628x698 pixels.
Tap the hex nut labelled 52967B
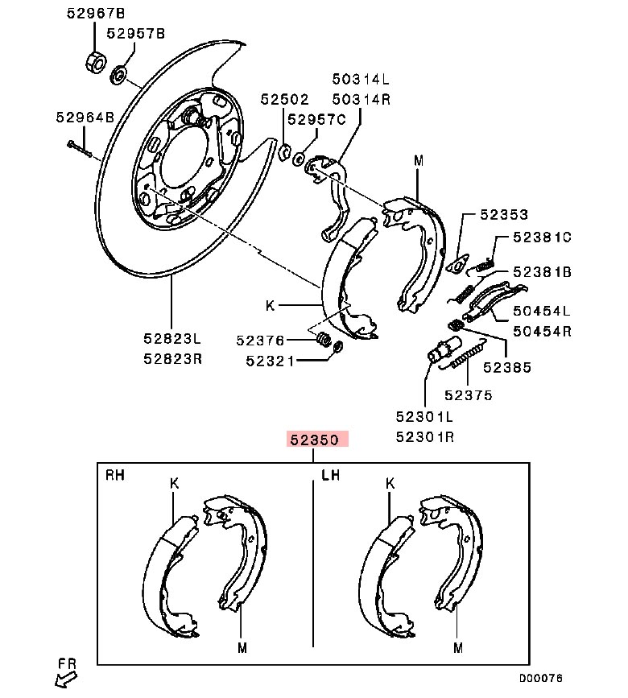(x=93, y=61)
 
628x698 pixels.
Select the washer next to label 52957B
(x=118, y=76)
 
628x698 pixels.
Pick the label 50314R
(x=362, y=99)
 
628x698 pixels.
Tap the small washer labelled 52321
(x=338, y=347)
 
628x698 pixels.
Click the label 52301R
(x=425, y=437)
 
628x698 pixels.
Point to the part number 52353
(x=504, y=215)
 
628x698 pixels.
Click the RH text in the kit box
(x=116, y=475)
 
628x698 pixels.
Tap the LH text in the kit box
(x=330, y=475)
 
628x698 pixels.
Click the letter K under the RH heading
(x=174, y=484)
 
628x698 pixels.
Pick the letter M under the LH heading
(x=457, y=646)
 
